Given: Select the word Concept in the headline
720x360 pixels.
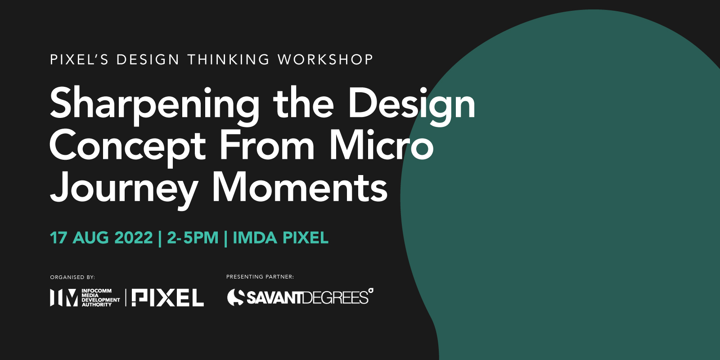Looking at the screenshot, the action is pyautogui.click(x=127, y=147).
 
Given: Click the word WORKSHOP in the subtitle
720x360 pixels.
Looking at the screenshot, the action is pyautogui.click(x=325, y=60).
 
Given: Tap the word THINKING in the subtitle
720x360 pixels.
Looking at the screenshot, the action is pyautogui.click(x=229, y=60).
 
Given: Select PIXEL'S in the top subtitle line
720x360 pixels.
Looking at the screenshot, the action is pyautogui.click(x=79, y=60).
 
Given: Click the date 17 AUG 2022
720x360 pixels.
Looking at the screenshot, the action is pyautogui.click(x=101, y=238).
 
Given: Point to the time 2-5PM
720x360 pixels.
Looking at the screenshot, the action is pyautogui.click(x=193, y=238).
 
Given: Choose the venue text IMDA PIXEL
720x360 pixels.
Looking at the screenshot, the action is pyautogui.click(x=280, y=238).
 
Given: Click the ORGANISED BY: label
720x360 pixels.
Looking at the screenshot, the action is pyautogui.click(x=72, y=277).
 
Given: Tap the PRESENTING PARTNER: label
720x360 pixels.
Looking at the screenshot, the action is pyautogui.click(x=260, y=277).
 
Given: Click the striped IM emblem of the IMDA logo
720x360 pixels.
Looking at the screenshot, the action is pyautogui.click(x=63, y=297).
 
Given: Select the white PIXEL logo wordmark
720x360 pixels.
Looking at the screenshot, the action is pyautogui.click(x=168, y=297).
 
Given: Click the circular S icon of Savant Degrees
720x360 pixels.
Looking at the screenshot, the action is pyautogui.click(x=236, y=297).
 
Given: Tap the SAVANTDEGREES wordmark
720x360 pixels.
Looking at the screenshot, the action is pyautogui.click(x=307, y=297).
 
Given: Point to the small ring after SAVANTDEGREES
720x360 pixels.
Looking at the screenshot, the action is pyautogui.click(x=371, y=291).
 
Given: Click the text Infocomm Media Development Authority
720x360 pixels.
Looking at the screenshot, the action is pyautogui.click(x=101, y=297).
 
